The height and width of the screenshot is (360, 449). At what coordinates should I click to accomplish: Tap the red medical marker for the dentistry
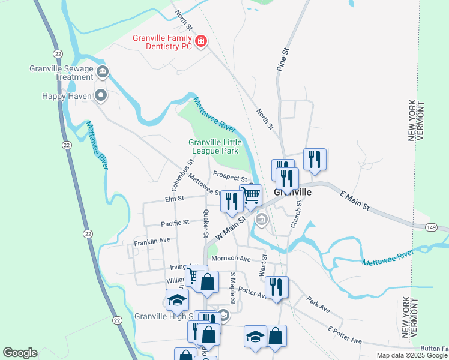201,41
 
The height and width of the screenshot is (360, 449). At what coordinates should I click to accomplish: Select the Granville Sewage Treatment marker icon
103,73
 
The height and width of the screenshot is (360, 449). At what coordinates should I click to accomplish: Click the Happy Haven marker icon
101,95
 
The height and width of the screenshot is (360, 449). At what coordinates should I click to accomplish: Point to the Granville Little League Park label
215,146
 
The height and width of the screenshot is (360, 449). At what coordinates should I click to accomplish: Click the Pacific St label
175,223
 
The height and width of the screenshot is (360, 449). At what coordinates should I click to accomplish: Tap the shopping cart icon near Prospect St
250,194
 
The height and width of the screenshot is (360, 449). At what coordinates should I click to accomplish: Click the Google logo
20,353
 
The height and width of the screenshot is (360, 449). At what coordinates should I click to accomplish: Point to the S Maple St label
233,286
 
